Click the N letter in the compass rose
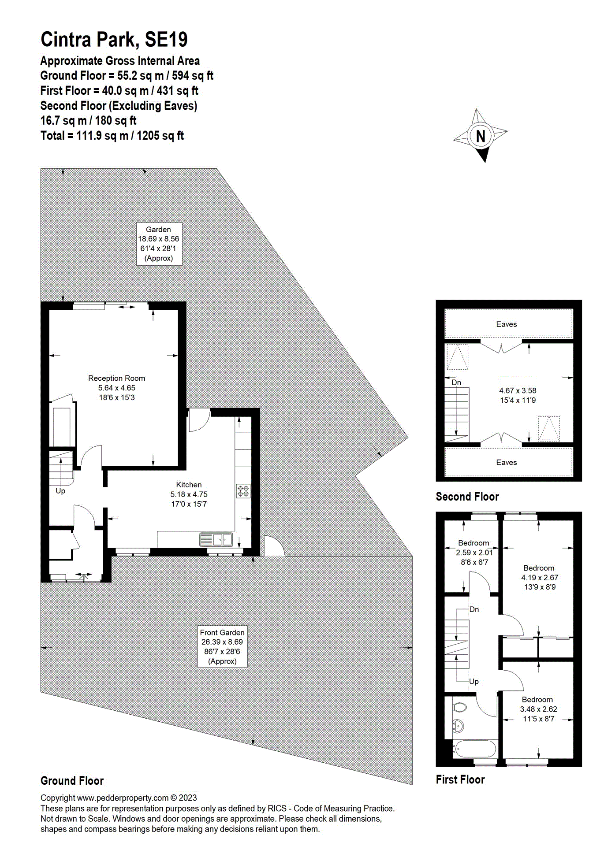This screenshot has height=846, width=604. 481,137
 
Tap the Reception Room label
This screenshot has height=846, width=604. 116,378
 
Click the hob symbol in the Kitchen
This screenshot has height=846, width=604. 243,491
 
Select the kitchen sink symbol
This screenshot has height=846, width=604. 216,539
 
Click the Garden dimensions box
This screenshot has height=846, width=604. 158,244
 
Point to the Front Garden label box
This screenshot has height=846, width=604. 222,646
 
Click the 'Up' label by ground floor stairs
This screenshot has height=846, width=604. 60,491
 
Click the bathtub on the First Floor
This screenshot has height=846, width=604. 475,748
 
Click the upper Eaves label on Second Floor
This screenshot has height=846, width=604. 506,324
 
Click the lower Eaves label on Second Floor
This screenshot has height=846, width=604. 506,463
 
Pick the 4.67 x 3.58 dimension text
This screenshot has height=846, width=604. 518,390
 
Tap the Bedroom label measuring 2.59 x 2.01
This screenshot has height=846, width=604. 474,543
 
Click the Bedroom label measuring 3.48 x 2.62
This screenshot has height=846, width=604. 537,699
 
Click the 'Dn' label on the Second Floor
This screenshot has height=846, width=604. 456,382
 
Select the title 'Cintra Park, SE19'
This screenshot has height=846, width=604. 114,40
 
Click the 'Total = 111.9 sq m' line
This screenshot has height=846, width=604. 112,136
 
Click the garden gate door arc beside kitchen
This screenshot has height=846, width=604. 273,546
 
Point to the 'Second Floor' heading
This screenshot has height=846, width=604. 467,497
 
